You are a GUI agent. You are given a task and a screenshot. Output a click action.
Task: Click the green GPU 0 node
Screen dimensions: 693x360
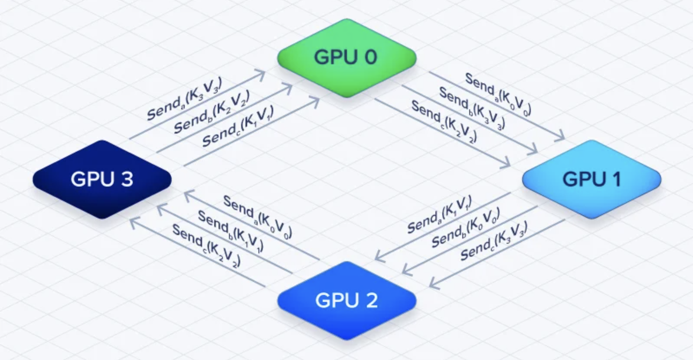347,58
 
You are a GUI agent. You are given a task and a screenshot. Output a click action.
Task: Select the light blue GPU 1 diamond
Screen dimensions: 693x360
592,179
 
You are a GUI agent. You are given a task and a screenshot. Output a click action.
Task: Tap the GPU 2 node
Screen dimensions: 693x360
347,301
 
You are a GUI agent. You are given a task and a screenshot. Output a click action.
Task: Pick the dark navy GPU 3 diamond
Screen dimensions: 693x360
102,179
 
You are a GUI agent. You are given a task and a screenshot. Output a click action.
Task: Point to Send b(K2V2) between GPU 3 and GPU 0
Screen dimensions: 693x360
212,111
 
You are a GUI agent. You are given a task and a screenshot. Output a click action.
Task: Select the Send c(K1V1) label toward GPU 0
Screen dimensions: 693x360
238,126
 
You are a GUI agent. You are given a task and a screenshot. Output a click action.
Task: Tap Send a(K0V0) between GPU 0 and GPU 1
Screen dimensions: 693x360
498,94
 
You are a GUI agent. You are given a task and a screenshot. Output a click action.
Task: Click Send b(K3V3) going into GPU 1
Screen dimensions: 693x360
472,108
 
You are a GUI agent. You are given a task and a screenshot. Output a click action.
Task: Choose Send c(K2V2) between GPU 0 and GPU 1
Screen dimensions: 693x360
444,121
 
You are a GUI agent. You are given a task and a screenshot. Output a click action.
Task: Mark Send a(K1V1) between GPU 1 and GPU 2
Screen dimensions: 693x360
440,214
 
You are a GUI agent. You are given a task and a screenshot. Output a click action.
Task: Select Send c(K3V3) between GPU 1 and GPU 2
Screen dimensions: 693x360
494,241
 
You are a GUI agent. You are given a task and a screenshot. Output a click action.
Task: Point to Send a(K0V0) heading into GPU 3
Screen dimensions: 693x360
258,217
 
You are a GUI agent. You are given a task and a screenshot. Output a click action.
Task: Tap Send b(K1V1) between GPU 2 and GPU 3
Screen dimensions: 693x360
231,231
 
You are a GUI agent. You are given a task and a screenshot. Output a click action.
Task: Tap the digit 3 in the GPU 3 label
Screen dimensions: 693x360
126,179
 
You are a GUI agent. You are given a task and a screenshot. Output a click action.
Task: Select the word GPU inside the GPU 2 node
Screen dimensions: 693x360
337,300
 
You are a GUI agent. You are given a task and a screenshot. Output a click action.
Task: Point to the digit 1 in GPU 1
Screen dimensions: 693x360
616,179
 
